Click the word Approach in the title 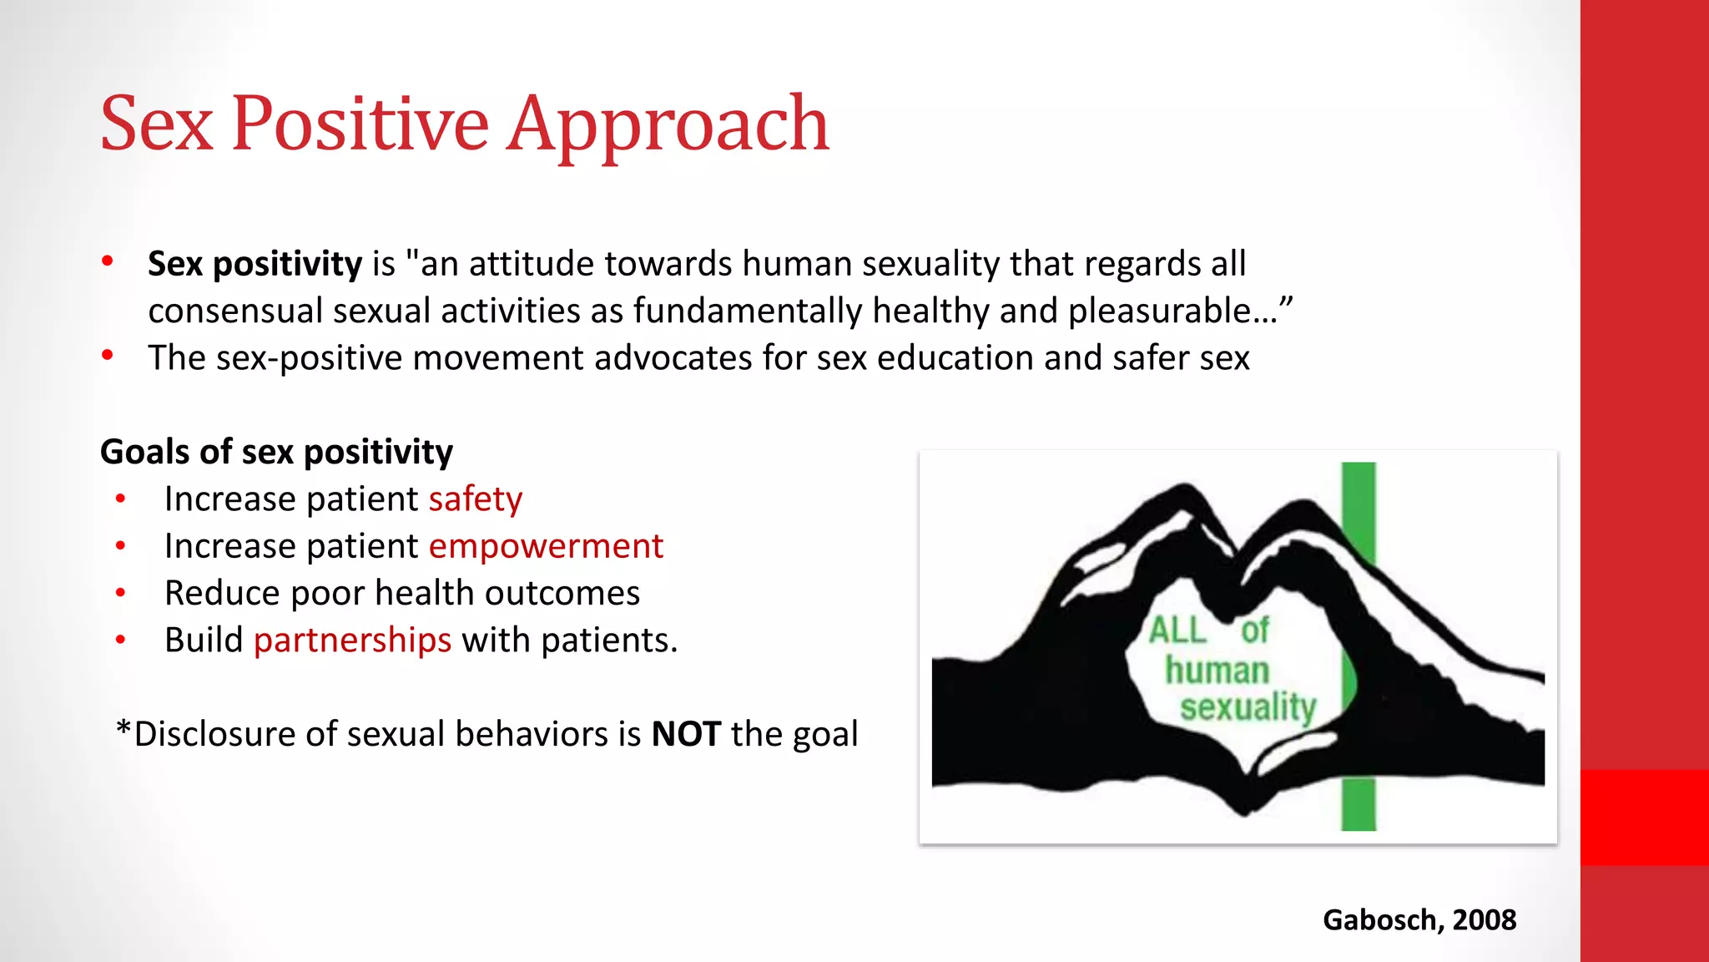tap(668, 125)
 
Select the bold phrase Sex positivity tap(255, 264)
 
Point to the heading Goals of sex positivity tap(276, 452)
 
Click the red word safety tap(476, 499)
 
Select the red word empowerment tap(546, 546)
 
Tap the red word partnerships tap(352, 640)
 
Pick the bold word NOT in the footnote tap(686, 734)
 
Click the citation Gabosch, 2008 tap(1419, 919)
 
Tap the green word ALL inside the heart tap(1177, 630)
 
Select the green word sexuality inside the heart tap(1248, 707)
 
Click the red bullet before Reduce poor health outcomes tap(121, 593)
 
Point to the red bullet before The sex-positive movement tap(108, 357)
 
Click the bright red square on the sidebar tap(1644, 817)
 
